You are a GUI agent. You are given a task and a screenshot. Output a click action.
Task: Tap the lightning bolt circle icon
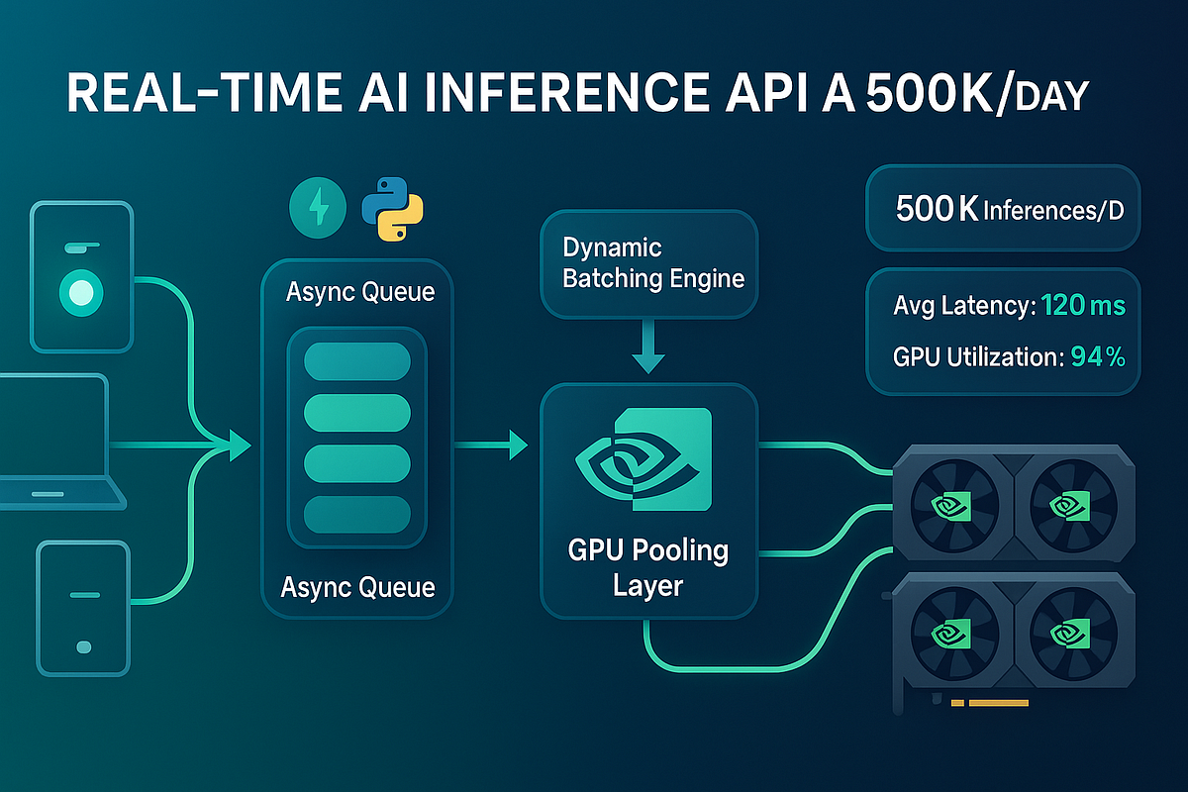[x=317, y=207]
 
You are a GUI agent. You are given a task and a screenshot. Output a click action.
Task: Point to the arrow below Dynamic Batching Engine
[x=648, y=351]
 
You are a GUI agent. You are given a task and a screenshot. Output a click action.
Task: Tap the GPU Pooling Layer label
[x=648, y=567]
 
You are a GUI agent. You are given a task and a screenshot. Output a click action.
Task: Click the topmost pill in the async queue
[x=356, y=361]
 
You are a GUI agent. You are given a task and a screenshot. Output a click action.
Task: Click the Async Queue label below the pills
[x=357, y=587]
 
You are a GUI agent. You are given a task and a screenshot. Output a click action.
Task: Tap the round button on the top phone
[x=81, y=292]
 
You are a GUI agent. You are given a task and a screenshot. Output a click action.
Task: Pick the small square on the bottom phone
[x=83, y=646]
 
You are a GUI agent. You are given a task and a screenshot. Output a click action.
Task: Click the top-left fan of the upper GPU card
[x=950, y=505]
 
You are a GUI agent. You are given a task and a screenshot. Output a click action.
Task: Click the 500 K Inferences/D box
[x=1003, y=209]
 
